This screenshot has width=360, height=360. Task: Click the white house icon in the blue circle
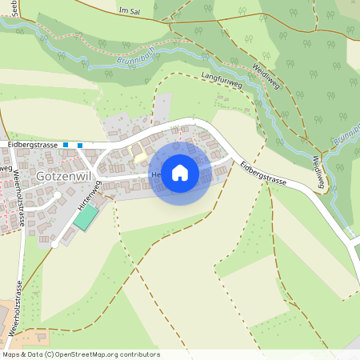(x=180, y=172)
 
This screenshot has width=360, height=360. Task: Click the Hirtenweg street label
(x=89, y=197)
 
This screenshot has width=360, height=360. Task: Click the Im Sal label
(x=129, y=11)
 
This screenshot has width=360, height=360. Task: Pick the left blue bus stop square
(x=66, y=145)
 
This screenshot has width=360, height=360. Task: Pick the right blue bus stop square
(x=80, y=145)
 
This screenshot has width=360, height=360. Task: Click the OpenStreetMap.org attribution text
(x=107, y=354)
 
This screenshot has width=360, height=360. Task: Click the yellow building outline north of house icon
(x=138, y=150)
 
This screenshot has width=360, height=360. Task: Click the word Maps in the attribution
(x=13, y=354)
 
